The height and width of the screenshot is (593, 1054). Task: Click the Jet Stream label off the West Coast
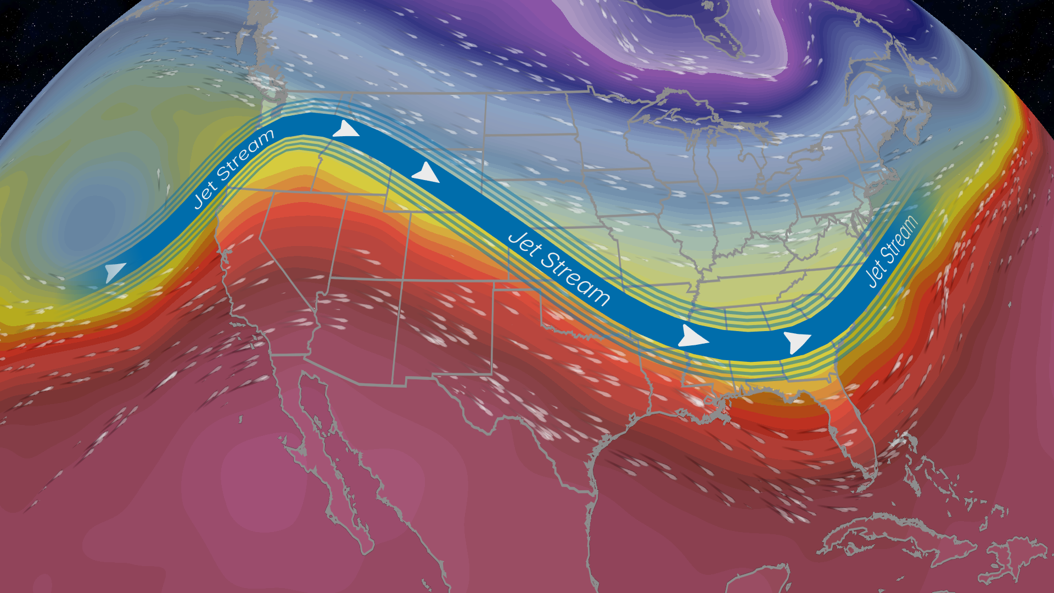[233, 169]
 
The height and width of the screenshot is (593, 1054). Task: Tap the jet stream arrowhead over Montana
[426, 172]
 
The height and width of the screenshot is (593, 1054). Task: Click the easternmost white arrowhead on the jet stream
[796, 342]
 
